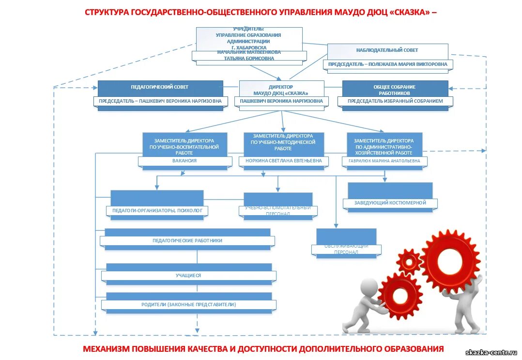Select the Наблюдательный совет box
[x=387, y=50]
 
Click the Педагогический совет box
[x=160, y=87]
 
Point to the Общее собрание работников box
[x=395, y=89]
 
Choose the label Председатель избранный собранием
[x=396, y=101]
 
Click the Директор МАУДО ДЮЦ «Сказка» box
[x=281, y=90]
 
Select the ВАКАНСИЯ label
[x=184, y=160]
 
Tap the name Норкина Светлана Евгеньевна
[x=284, y=160]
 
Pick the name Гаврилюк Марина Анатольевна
[x=385, y=160]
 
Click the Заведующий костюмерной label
[x=390, y=203]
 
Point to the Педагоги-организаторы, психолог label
[x=156, y=211]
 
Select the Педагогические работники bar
[x=187, y=240]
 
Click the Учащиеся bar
[x=188, y=276]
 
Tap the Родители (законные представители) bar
[x=188, y=305]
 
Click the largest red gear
[x=450, y=260]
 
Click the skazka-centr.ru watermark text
[x=491, y=353]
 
